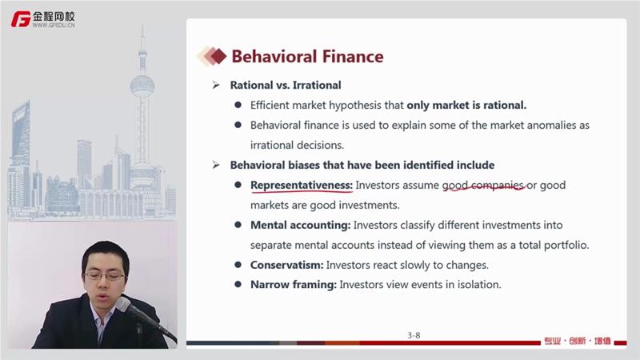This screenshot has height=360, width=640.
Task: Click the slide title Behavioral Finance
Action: (307, 56)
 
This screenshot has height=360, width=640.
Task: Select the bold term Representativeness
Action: (302, 186)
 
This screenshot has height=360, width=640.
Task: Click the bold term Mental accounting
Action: (301, 226)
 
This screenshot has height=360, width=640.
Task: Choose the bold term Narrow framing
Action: (294, 285)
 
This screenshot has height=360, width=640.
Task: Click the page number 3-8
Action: (414, 335)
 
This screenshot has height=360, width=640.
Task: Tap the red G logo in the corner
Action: (21, 19)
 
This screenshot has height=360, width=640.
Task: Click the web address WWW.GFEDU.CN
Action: (54, 25)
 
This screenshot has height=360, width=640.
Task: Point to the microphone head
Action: (124, 305)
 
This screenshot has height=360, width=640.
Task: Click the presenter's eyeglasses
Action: (104, 276)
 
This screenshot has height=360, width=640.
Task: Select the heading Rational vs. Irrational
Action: (286, 85)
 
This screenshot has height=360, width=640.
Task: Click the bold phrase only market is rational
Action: (466, 105)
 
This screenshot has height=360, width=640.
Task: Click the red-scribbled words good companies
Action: (483, 186)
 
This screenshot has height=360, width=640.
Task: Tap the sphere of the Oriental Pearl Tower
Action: (142, 86)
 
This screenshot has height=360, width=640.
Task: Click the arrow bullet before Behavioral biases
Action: (216, 165)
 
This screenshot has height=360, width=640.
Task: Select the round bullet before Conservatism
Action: (238, 265)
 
